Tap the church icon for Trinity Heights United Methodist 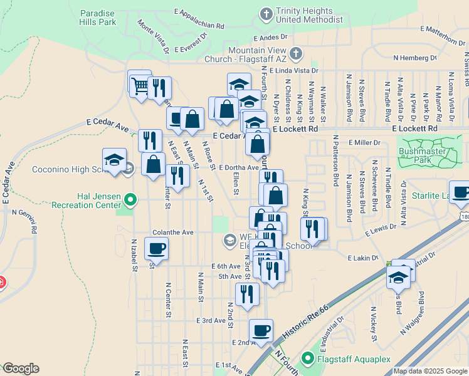266,13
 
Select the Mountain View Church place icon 295,55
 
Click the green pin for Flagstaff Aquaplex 307,358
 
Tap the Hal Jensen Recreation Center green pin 130,200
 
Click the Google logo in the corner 20,368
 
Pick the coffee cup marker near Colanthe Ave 156,248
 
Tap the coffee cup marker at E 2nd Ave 261,330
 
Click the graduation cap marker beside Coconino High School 114,160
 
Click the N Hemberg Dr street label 414,58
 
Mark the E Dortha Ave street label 239,167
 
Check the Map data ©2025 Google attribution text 429,371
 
